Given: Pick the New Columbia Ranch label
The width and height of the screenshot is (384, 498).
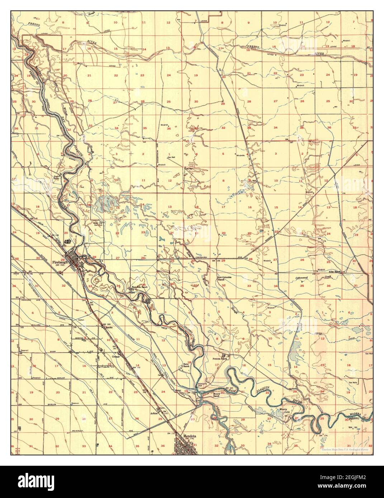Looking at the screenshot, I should pos(224,279).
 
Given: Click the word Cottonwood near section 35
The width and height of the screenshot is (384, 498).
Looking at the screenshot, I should pos(302,278).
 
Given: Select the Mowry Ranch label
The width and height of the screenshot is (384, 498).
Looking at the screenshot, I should pos(216,394).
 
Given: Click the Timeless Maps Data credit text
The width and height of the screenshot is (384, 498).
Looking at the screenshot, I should pos(346,449).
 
